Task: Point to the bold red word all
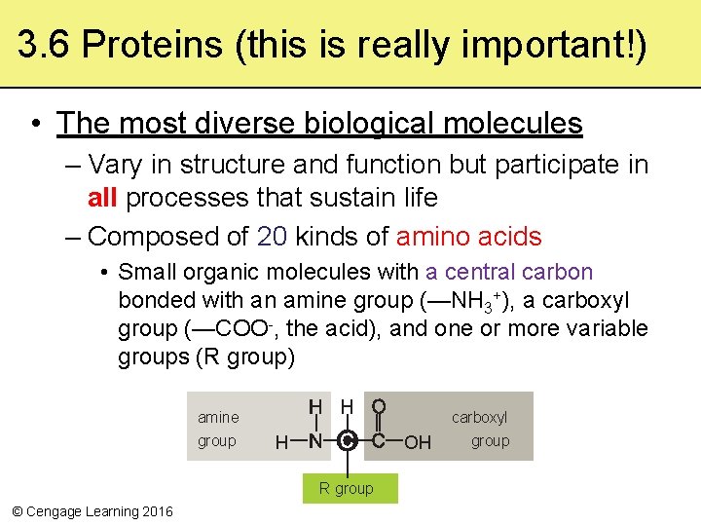[x=102, y=198]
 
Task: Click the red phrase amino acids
[x=468, y=237]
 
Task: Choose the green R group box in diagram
[x=346, y=488]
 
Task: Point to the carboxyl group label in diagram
[x=479, y=429]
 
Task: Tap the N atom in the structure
[x=314, y=442]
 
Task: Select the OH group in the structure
[x=418, y=443]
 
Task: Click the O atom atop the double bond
[x=379, y=405]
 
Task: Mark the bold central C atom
[x=347, y=442]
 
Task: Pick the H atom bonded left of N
[x=281, y=443]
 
